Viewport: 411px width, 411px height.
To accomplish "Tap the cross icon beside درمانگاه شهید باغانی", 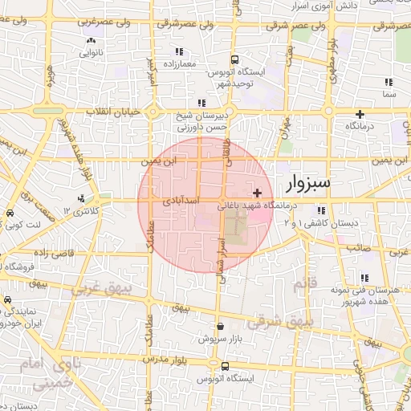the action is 257,193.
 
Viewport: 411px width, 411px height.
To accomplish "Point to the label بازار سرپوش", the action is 221,340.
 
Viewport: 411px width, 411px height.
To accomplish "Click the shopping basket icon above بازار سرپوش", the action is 221,327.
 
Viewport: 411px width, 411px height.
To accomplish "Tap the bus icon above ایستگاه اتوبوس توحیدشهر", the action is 234,60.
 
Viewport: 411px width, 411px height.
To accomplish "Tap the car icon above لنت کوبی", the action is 9,214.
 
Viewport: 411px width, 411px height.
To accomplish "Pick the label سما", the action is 389,95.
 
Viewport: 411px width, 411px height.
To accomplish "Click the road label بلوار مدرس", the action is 172,361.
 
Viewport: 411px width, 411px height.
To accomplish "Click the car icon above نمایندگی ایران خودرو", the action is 7,301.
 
